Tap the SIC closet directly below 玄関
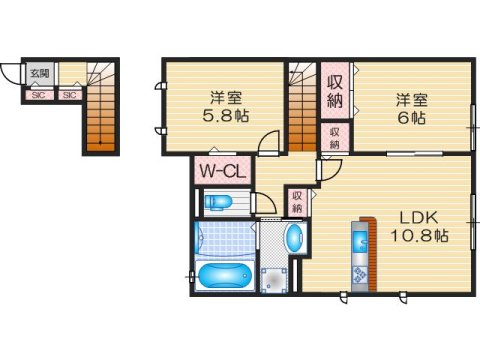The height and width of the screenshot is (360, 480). coord(39,95)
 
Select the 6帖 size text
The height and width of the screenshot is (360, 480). coord(412,116)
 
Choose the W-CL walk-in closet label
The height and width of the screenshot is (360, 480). coord(221,171)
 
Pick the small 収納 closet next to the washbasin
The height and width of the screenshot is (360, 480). coord(298,201)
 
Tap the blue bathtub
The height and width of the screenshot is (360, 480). coord(224,276)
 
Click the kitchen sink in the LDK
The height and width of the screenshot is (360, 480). coord(358,240)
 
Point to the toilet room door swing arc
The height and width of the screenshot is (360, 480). coord(264,207)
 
